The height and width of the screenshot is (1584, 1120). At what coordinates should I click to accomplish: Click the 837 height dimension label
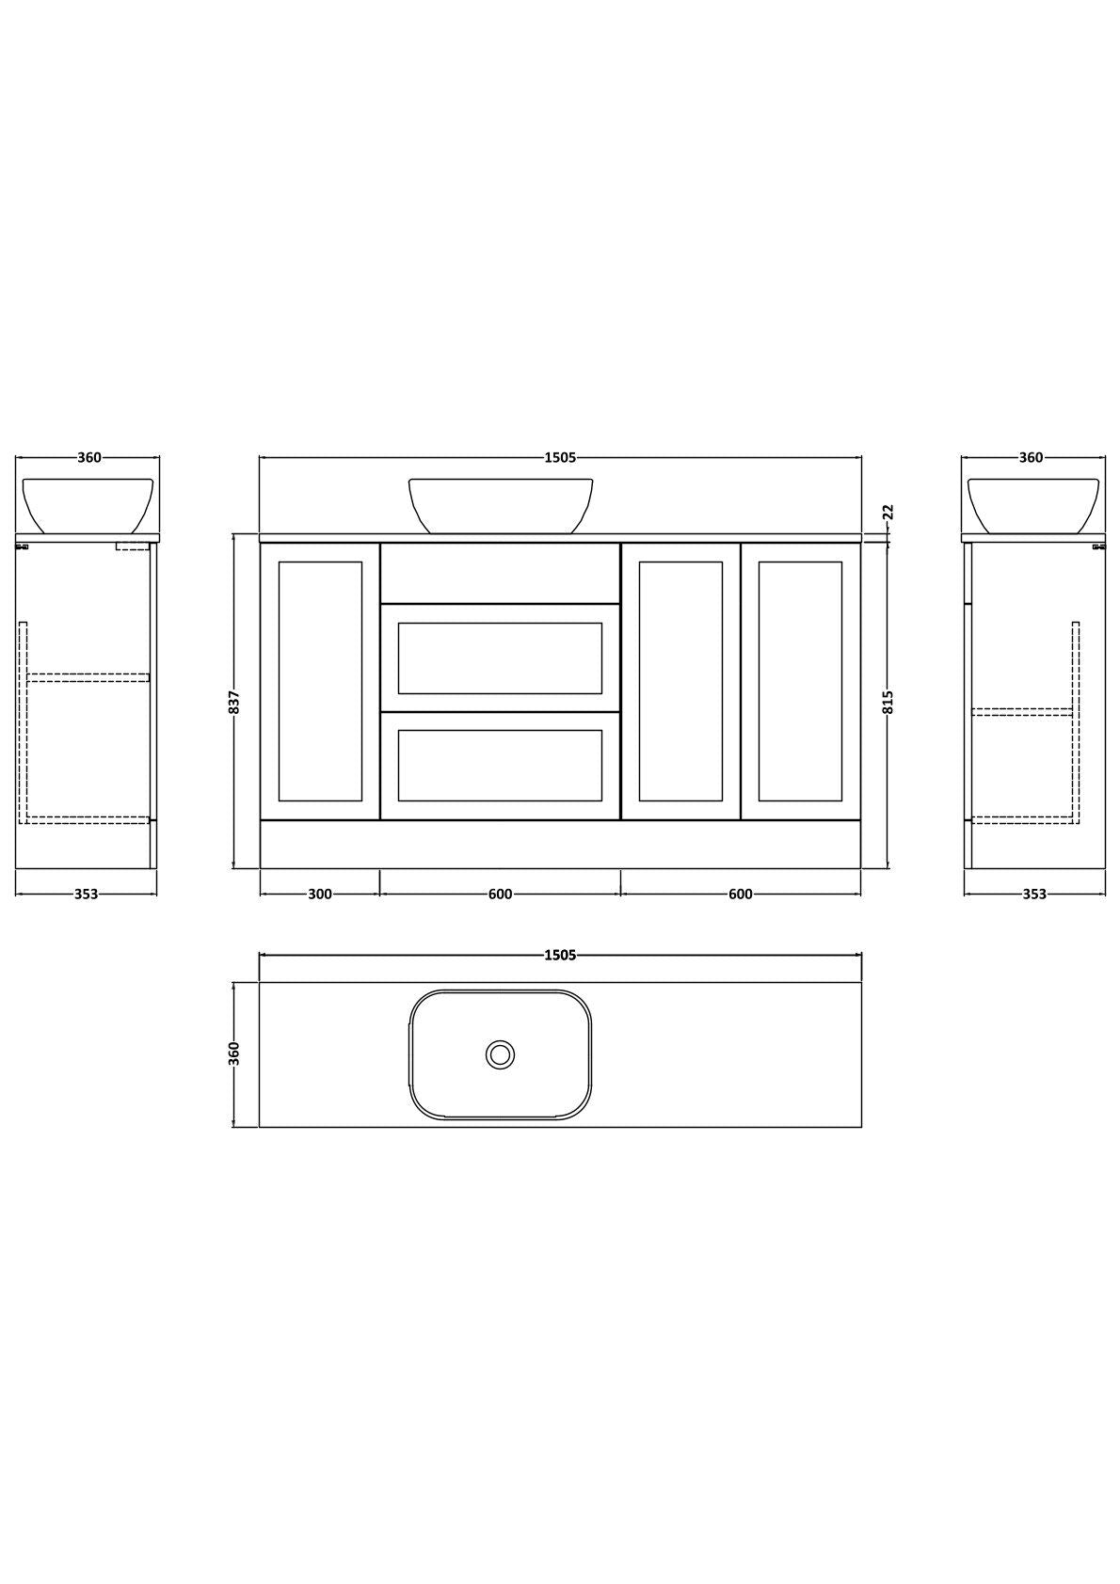point(236,702)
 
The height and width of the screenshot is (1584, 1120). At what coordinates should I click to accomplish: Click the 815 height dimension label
point(888,702)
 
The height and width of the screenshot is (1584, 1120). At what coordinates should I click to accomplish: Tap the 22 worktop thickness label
point(888,512)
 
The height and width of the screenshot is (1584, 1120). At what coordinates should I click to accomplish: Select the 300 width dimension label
point(320,894)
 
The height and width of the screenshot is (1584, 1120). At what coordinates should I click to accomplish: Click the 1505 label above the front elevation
point(560,457)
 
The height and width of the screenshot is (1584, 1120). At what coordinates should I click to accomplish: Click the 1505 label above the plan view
point(560,956)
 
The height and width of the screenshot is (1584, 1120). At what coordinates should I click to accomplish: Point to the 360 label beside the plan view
point(236,1053)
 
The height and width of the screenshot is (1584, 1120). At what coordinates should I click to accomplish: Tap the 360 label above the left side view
point(89,457)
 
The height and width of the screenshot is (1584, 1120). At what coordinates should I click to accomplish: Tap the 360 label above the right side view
point(1031,457)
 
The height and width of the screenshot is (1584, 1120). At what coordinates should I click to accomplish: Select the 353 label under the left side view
point(87,894)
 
